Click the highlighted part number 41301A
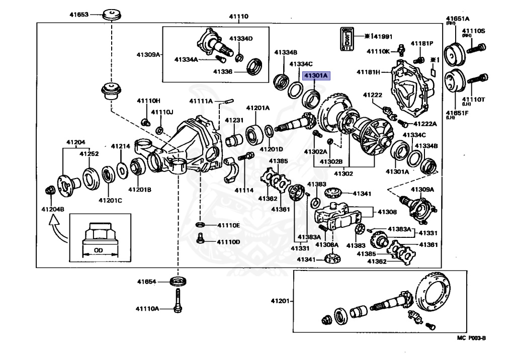point(315,76)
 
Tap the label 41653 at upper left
point(79,15)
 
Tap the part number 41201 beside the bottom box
point(281,301)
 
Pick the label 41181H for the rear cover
point(368,72)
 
